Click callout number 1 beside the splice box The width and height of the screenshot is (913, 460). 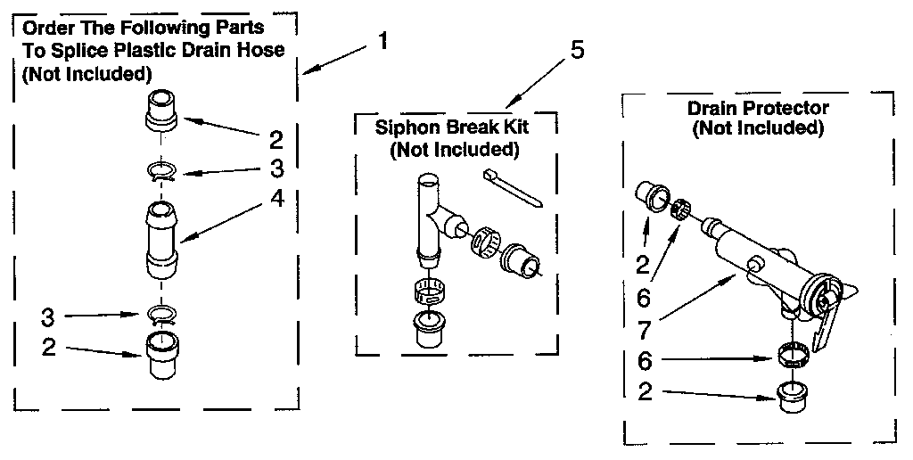(382, 42)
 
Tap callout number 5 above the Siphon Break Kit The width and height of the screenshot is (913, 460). (577, 50)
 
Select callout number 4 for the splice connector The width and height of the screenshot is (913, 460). (278, 200)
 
